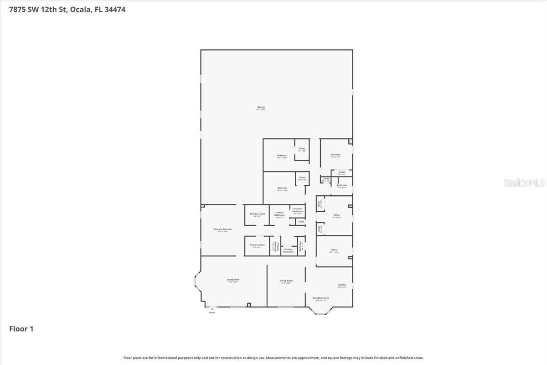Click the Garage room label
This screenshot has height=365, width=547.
pos(261,107)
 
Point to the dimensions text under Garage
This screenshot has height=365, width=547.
pos(261,110)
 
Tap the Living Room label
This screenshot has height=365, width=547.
pos(233,279)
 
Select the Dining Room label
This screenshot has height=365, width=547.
pos(286,281)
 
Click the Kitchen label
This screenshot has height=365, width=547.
pos(342,285)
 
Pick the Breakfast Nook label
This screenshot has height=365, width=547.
pos(321,298)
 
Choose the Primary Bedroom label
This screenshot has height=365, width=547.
pos(223,229)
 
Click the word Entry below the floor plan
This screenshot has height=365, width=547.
pos(212,313)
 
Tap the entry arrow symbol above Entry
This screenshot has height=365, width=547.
pos(212,309)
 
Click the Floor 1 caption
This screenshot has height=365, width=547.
pos(21,328)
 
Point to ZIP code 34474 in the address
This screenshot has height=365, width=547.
pos(114,9)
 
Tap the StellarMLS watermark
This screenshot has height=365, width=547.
pos(524,182)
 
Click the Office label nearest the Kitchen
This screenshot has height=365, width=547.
pos(334,250)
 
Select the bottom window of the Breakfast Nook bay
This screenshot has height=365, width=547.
pos(321,314)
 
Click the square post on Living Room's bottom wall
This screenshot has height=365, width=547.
pos(248,305)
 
